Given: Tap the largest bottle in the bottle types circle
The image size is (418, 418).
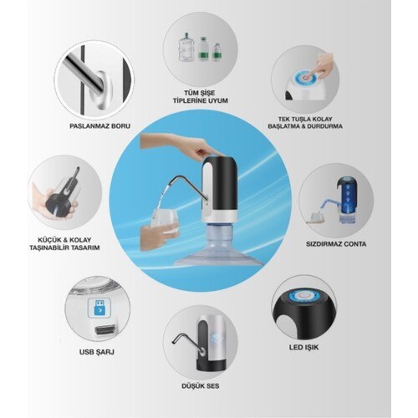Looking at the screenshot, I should click(x=186, y=50).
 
